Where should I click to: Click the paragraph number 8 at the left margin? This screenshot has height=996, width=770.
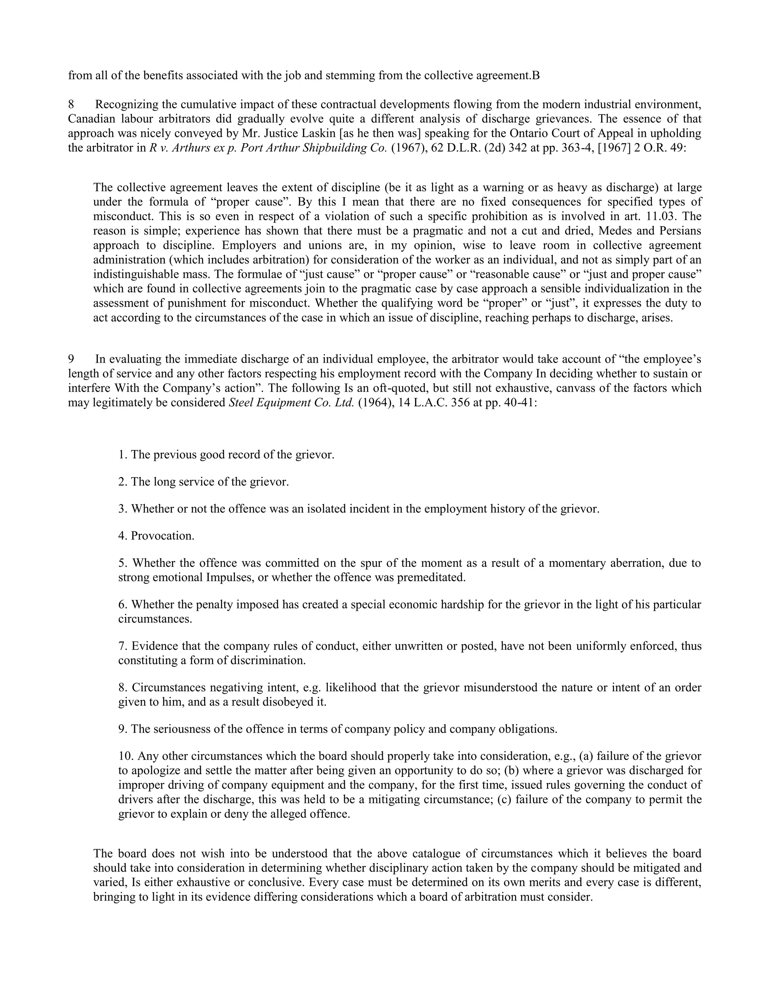(71, 104)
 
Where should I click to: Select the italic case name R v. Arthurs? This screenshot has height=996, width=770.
(176, 148)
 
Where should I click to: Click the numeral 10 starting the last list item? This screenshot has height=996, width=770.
(124, 756)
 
